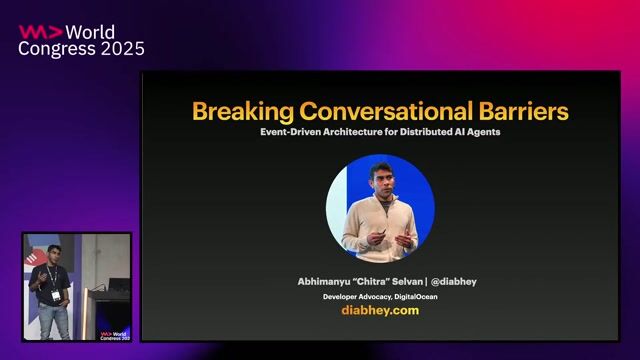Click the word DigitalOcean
pyautogui.click(x=414, y=297)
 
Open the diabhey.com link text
pyautogui.click(x=380, y=311)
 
